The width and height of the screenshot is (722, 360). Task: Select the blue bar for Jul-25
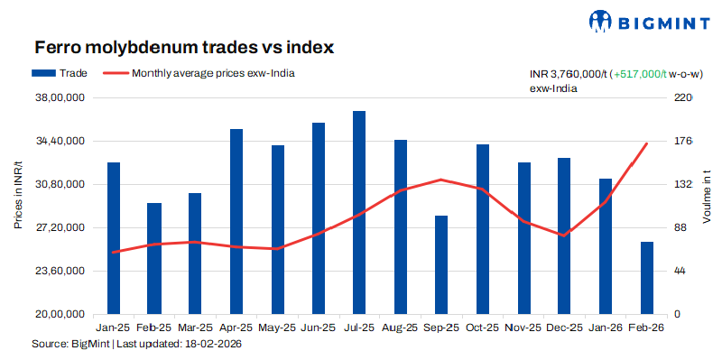[359, 212]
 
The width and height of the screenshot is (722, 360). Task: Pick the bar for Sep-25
[441, 264]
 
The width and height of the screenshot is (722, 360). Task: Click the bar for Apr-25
[236, 221]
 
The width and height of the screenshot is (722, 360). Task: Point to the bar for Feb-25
[154, 258]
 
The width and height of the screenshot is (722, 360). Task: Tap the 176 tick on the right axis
[683, 142]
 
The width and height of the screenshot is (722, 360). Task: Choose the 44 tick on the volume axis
[680, 271]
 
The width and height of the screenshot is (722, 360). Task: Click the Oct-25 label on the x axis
[483, 328]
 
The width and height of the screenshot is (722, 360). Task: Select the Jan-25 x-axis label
[113, 328]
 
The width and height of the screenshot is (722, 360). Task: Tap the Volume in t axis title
[707, 198]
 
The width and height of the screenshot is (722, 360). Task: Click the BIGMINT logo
[642, 21]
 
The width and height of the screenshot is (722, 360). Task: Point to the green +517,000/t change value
[639, 75]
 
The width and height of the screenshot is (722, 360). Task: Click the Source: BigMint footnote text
[136, 344]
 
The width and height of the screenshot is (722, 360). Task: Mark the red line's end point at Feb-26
[647, 143]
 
